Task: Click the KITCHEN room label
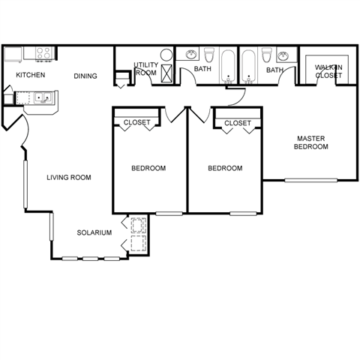[31, 75]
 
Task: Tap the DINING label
[85, 76]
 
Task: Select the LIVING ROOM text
[69, 178]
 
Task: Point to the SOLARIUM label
[94, 232]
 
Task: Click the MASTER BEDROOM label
[311, 142]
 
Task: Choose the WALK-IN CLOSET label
[328, 71]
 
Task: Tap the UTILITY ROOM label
[146, 69]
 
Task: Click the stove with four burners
[45, 53]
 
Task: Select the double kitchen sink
[43, 97]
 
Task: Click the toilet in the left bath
[209, 55]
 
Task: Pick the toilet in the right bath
[267, 55]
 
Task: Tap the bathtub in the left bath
[228, 67]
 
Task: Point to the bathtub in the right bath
[248, 67]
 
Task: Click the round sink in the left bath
[191, 54]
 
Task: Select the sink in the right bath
[284, 55]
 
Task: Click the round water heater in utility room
[166, 55]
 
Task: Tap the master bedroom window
[311, 180]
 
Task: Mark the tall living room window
[25, 184]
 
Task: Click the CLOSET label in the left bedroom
[137, 122]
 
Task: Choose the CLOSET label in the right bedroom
[238, 123]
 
